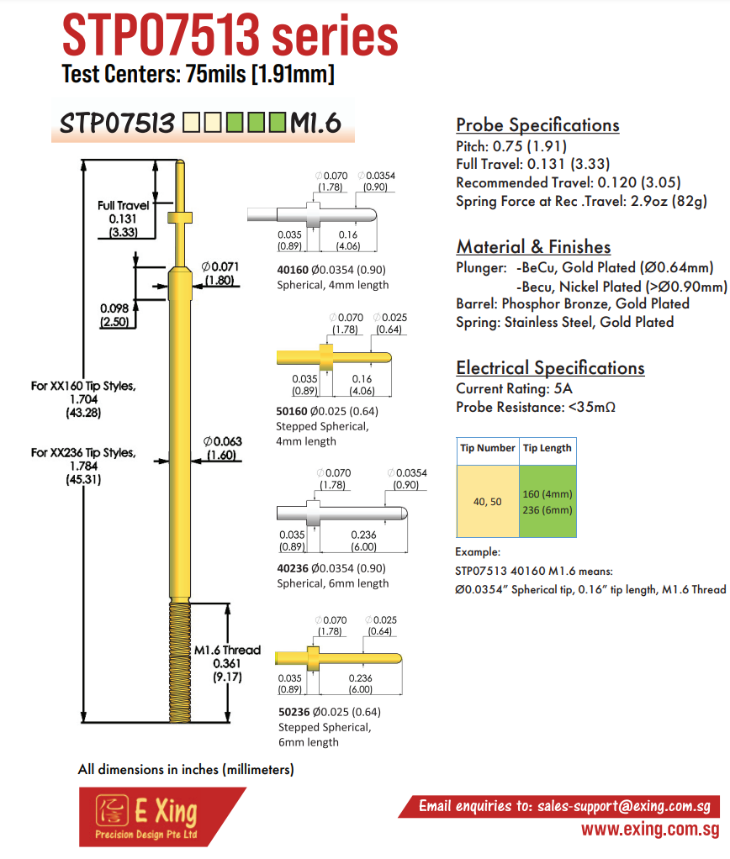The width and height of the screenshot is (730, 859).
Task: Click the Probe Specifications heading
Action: tap(537, 125)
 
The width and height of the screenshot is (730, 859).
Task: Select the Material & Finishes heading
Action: tap(533, 247)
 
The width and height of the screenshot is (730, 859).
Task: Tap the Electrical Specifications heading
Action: tap(550, 368)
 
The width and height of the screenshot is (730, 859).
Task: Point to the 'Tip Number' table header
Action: tap(488, 448)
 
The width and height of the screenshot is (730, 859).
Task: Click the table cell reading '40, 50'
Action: tap(488, 501)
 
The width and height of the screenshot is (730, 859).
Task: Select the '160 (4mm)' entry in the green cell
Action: tap(547, 493)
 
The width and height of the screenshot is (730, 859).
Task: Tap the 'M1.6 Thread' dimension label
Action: tap(227, 651)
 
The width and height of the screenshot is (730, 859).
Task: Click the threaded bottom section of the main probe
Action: tap(180, 661)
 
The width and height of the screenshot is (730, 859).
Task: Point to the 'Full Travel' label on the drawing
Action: tap(124, 205)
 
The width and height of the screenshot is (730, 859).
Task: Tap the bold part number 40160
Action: tap(293, 270)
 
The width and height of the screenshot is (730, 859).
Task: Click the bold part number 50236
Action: tap(294, 712)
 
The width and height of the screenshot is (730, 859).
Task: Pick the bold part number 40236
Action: tap(293, 569)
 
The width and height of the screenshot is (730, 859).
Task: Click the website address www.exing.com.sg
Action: tap(651, 829)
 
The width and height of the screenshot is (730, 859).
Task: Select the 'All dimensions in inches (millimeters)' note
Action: tap(186, 770)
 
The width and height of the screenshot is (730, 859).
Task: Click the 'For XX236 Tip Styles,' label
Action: tap(83, 453)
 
